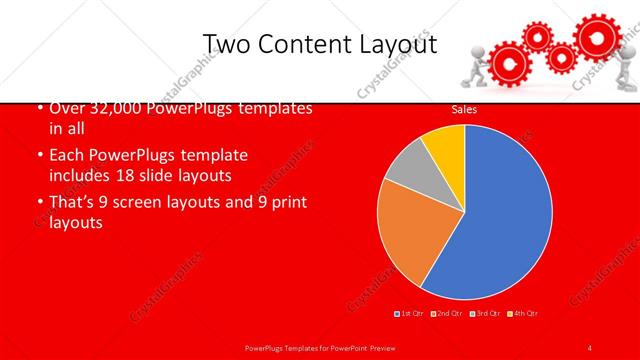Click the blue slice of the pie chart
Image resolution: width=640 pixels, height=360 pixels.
click(500, 215)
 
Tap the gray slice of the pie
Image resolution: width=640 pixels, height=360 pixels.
click(408, 170)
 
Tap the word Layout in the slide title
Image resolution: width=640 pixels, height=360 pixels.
click(397, 44)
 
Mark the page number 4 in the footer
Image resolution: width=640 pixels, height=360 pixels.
click(591, 347)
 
